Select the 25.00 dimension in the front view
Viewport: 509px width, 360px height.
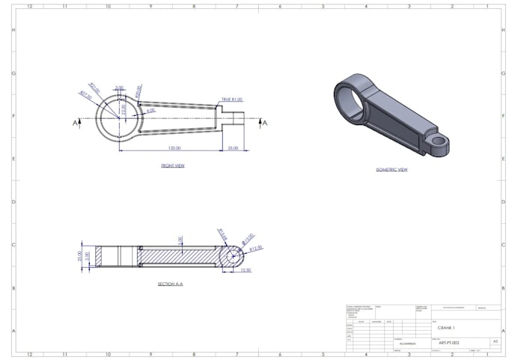point(233,148)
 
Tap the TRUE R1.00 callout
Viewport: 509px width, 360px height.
point(231,100)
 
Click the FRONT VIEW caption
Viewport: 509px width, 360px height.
point(172,165)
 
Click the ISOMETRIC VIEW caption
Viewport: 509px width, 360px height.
point(391,170)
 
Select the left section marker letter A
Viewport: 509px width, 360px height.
point(75,123)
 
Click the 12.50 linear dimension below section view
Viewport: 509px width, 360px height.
point(246,271)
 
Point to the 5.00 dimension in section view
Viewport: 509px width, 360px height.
point(180,240)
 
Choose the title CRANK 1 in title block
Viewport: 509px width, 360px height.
point(446,328)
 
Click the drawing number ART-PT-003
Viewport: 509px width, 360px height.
point(448,343)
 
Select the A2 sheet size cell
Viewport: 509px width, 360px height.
point(494,342)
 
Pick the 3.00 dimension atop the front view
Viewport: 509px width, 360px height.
point(120,88)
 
